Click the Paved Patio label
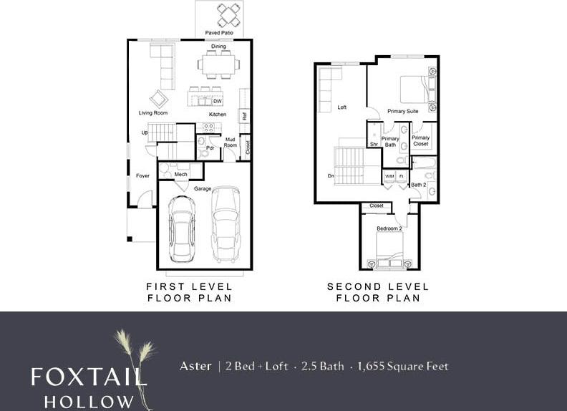tap(219, 33)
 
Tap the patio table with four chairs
tap(230, 14)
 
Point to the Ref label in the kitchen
tap(244, 115)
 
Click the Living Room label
tap(153, 113)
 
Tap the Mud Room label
tap(231, 142)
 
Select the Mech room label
tap(181, 174)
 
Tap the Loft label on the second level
tap(342, 107)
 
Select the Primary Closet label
tap(421, 140)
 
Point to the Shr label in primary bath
tap(374, 144)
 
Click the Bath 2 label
tap(418, 185)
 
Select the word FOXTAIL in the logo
tap(89, 377)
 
